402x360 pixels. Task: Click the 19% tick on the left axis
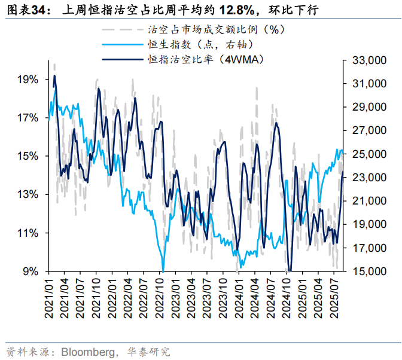(x=28, y=80)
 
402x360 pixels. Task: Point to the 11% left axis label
(x=28, y=233)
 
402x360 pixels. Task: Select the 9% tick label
(x=31, y=271)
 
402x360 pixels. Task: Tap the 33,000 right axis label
(x=368, y=60)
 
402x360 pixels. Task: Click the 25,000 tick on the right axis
(x=368, y=154)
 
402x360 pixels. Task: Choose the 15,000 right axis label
(x=368, y=271)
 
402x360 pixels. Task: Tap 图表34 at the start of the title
(x=20, y=10)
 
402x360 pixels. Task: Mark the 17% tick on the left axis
(x=28, y=118)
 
